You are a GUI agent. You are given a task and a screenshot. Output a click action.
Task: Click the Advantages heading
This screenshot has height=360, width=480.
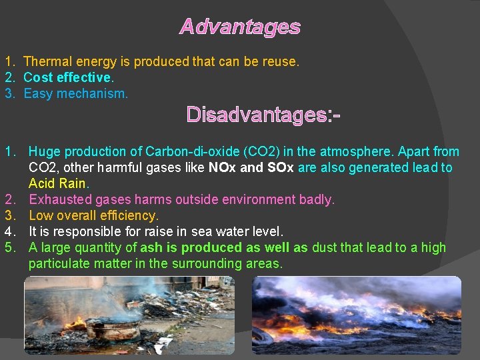pos(240,27)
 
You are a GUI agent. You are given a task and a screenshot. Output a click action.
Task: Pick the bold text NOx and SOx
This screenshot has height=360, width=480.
pos(251,167)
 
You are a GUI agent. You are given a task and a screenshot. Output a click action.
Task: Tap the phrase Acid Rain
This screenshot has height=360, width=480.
pos(58,183)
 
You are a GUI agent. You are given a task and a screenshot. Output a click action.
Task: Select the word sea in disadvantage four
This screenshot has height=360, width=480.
pos(203,231)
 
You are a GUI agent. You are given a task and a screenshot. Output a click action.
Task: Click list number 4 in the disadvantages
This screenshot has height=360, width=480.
pos(9,231)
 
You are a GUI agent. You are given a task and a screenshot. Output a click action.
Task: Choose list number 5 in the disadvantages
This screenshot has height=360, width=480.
pos(9,247)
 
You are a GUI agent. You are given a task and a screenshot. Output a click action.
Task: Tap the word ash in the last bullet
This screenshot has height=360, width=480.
pos(151,247)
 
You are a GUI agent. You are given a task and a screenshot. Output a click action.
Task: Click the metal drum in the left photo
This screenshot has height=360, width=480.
pos(113,329)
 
